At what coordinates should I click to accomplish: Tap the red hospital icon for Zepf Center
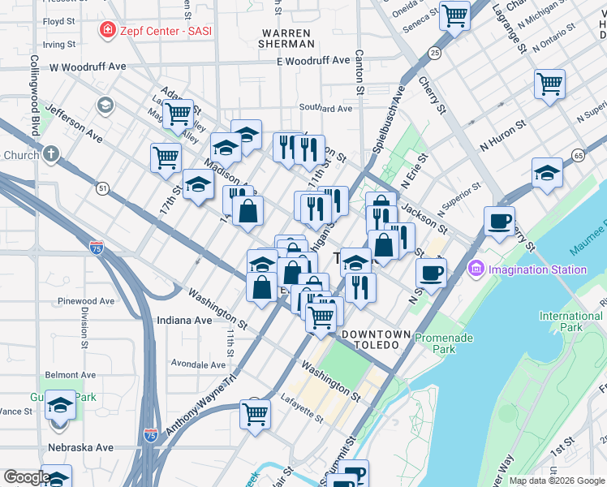coord(106,31)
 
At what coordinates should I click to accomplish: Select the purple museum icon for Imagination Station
coord(476,268)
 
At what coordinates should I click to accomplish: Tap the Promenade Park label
coord(434,343)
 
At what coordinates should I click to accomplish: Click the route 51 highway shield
coord(102,187)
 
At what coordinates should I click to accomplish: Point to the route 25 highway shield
coord(435,53)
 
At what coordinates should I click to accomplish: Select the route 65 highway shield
coord(578,155)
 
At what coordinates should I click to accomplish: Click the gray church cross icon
coord(50,154)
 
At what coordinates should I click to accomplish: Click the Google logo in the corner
coord(27,477)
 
